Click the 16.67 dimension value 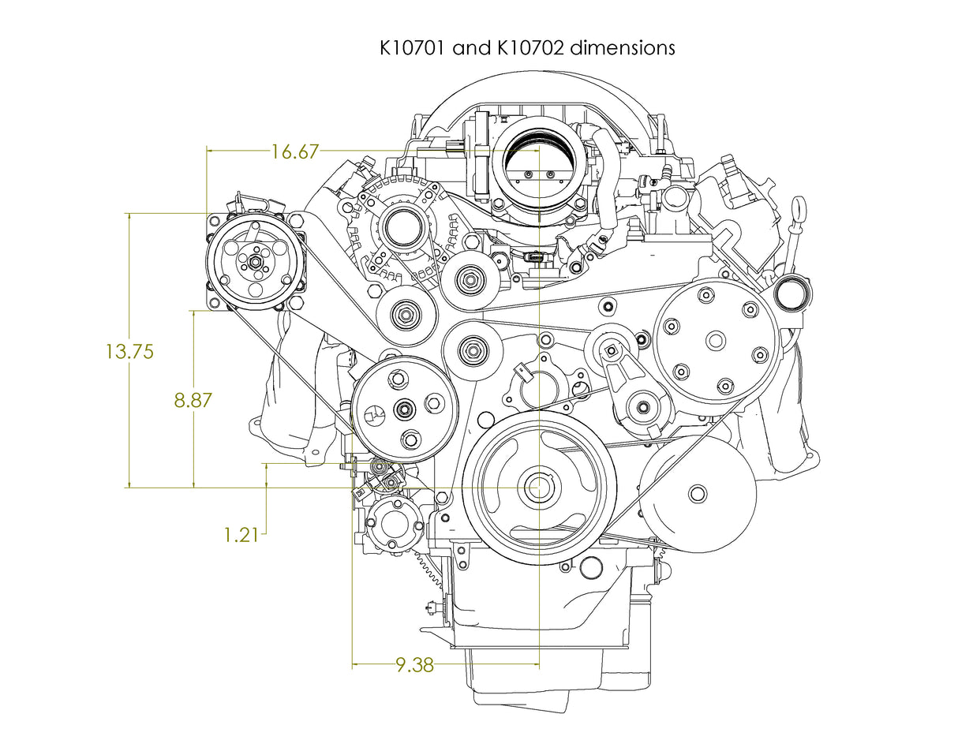pyautogui.click(x=290, y=151)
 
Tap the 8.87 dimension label pyautogui.click(x=193, y=400)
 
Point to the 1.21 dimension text pyautogui.click(x=241, y=535)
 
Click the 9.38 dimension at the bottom pyautogui.click(x=414, y=665)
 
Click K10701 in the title pyautogui.click(x=415, y=47)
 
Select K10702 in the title pyautogui.click(x=533, y=47)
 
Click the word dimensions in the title pyautogui.click(x=623, y=47)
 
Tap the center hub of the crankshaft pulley pyautogui.click(x=540, y=488)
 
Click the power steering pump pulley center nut pyautogui.click(x=405, y=409)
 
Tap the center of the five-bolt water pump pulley pyautogui.click(x=716, y=342)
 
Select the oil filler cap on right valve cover pyautogui.click(x=789, y=293)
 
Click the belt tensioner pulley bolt pyautogui.click(x=643, y=408)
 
